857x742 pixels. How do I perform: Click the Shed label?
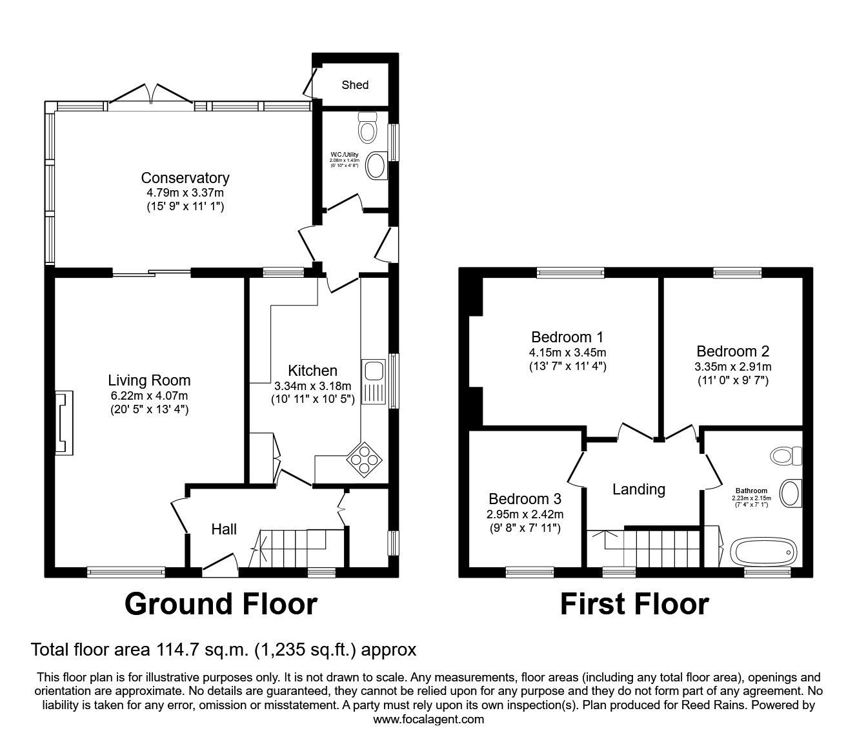coord(355,85)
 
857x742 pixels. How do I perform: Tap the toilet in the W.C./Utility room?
coord(367,128)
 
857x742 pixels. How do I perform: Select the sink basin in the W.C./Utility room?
coord(376,166)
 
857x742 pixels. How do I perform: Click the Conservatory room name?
coord(185,178)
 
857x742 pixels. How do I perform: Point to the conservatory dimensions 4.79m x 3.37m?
coord(185,193)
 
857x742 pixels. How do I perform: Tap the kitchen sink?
coord(373,371)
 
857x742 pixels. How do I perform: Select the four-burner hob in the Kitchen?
coord(365,459)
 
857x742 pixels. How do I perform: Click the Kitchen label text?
coord(312,371)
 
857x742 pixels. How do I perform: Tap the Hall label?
coord(224,529)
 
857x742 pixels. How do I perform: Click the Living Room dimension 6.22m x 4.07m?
coord(149,396)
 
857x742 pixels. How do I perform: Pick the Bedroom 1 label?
coord(567,337)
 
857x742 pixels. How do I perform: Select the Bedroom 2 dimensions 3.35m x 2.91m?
coord(732,367)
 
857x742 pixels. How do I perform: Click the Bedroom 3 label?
coord(525,499)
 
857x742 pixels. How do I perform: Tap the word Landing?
coord(638,489)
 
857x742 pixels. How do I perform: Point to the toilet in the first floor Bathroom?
coord(785,456)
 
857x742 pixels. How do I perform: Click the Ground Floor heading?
coord(221,605)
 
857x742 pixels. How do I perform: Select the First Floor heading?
coord(634,605)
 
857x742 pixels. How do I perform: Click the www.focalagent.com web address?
coord(428,719)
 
